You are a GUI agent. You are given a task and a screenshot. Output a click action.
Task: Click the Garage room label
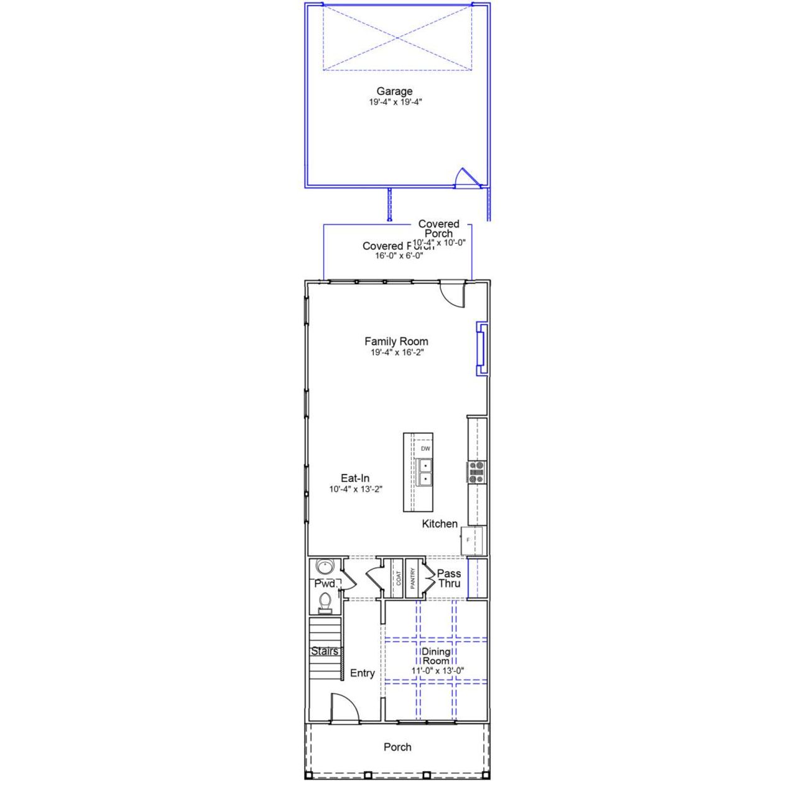tap(394, 92)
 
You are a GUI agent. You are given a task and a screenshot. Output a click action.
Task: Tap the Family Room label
tap(396, 341)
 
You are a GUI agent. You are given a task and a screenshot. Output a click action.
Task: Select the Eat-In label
tap(355, 478)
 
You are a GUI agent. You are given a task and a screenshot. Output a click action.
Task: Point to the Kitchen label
tap(440, 524)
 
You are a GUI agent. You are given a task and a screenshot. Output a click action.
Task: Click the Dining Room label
tap(436, 656)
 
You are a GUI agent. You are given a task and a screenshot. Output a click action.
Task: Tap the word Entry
tap(362, 673)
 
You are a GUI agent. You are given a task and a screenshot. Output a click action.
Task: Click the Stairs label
tap(325, 651)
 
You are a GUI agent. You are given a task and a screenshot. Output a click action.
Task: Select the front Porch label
tap(397, 747)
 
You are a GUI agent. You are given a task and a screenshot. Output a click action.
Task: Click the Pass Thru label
tap(449, 578)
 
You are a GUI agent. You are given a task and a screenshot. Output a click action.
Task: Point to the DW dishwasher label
tap(425, 448)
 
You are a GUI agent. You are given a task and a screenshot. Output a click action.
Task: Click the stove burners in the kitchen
tap(476, 473)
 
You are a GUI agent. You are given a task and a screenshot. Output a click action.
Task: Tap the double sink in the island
tap(425, 472)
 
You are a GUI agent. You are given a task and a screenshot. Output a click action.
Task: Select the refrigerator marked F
tap(471, 540)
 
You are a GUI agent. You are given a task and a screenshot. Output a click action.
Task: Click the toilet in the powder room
tap(325, 601)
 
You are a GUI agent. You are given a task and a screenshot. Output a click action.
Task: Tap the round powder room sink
tap(324, 567)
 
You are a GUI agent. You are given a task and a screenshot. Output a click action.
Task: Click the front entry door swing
tap(344, 708)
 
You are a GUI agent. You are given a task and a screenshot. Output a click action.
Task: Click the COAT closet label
tap(399, 578)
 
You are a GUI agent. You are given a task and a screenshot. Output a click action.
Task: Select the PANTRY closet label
tap(412, 578)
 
